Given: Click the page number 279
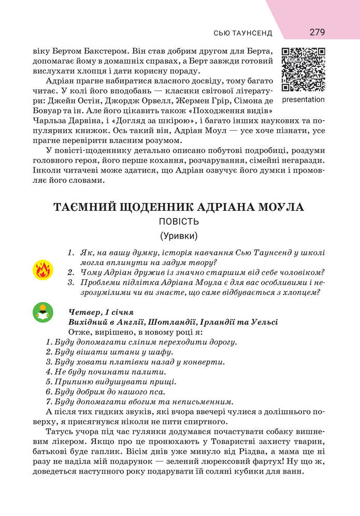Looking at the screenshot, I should [x=317, y=32].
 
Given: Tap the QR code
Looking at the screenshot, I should [x=303, y=69].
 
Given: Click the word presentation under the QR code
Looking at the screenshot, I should [x=304, y=99].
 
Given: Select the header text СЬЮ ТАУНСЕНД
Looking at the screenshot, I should [x=243, y=33].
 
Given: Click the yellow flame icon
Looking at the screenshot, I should [x=42, y=270].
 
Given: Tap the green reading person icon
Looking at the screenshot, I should [x=42, y=312].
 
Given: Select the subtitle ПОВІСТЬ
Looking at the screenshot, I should [x=179, y=222].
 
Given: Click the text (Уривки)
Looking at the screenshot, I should [x=179, y=236].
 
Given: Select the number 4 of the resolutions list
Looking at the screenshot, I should [x=49, y=371].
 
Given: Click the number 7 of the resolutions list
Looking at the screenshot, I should [x=49, y=401].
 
